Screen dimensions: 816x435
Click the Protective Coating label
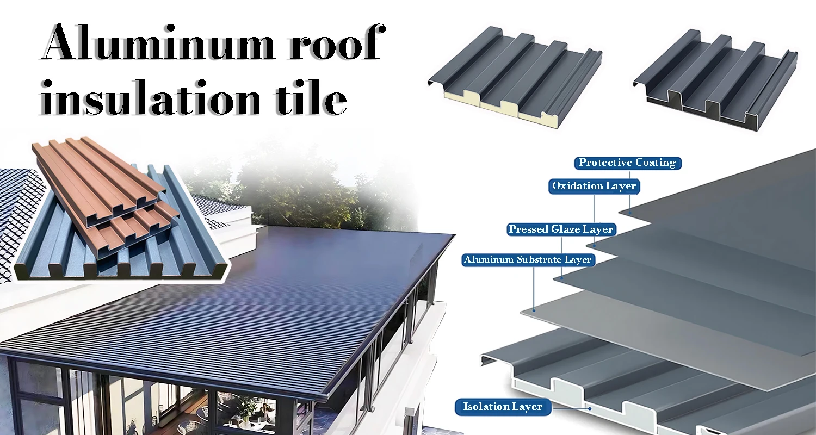[627, 163]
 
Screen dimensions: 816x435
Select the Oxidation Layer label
[594, 186]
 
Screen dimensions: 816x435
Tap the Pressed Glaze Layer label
[561, 229]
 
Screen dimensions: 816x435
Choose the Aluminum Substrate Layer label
[527, 260]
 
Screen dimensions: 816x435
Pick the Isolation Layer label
[503, 406]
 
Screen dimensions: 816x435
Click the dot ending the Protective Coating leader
[629, 213]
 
